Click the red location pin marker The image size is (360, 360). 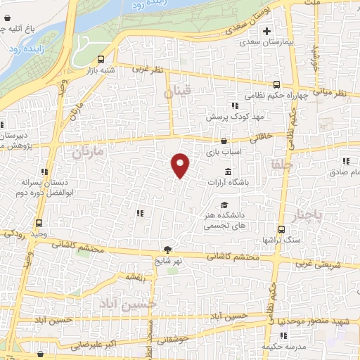(x=181, y=165)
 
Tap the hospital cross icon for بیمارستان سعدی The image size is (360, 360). (x=266, y=31)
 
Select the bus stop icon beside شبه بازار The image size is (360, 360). (x=102, y=60)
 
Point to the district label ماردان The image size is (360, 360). (x=87, y=151)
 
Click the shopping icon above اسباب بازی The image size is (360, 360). (x=224, y=141)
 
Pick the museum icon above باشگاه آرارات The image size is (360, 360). (x=228, y=172)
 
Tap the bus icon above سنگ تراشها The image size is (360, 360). (x=282, y=229)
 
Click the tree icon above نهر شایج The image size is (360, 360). (x=167, y=249)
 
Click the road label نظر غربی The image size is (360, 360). (x=150, y=70)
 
